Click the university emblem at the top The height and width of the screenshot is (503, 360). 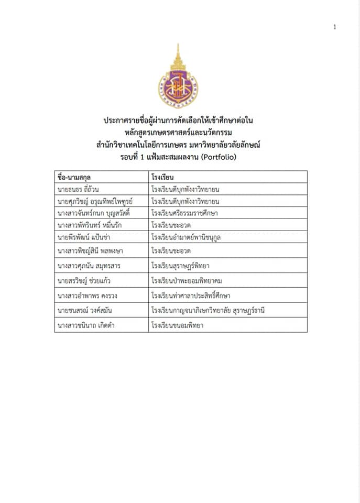click(179, 78)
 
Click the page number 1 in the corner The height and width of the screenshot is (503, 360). click(334, 27)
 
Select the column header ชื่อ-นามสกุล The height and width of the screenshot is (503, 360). click(74, 177)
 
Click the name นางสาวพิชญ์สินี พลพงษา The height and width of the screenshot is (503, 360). click(90, 251)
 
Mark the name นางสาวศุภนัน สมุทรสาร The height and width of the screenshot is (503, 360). click(87, 266)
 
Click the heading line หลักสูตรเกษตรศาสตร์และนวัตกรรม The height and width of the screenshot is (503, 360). click(179, 133)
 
